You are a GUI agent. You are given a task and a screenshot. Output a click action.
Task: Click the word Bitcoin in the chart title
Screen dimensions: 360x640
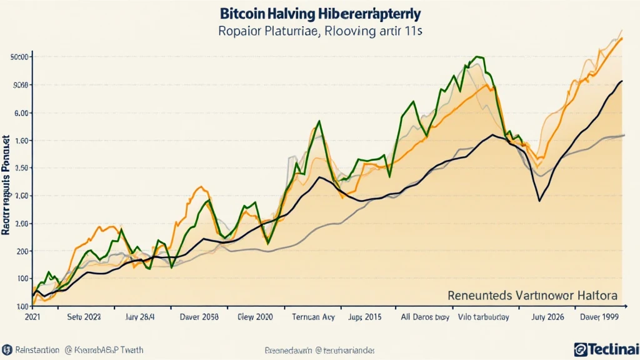pyautogui.click(x=241, y=13)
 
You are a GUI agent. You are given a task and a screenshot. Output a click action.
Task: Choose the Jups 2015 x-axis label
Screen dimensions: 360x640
pyautogui.click(x=359, y=317)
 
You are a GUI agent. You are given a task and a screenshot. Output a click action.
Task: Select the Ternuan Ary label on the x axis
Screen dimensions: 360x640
pyautogui.click(x=313, y=317)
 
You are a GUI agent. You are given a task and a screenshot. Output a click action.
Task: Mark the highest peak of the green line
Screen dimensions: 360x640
pyautogui.click(x=478, y=57)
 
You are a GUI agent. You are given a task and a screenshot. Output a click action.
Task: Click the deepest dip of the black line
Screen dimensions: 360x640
pyautogui.click(x=539, y=201)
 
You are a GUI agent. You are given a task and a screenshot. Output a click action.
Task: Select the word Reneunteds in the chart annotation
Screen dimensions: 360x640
pyautogui.click(x=477, y=294)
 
